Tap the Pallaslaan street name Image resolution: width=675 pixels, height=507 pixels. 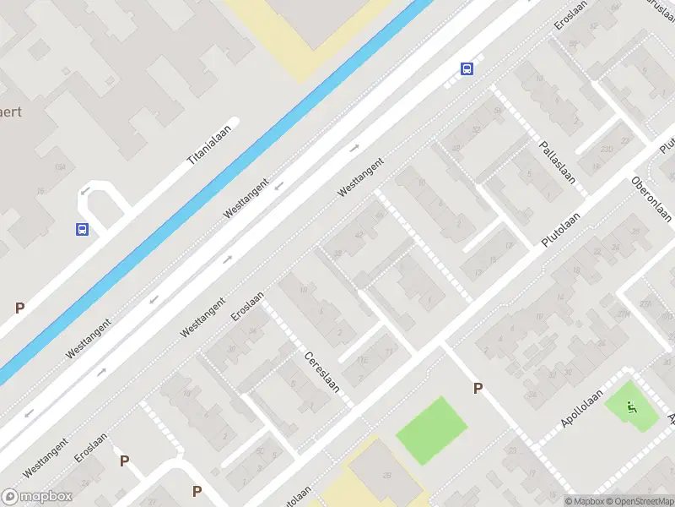pyautogui.click(x=557, y=162)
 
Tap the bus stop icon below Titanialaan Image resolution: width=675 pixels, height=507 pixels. pyautogui.click(x=82, y=229)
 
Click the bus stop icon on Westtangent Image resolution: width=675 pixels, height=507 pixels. pyautogui.click(x=466, y=68)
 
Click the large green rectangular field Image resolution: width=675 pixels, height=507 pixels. pyautogui.click(x=431, y=429)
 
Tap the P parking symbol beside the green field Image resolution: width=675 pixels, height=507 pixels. pyautogui.click(x=478, y=389)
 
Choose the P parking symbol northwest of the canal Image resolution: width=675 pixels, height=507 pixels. pyautogui.click(x=19, y=308)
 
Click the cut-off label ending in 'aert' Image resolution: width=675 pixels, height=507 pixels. pyautogui.click(x=10, y=112)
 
